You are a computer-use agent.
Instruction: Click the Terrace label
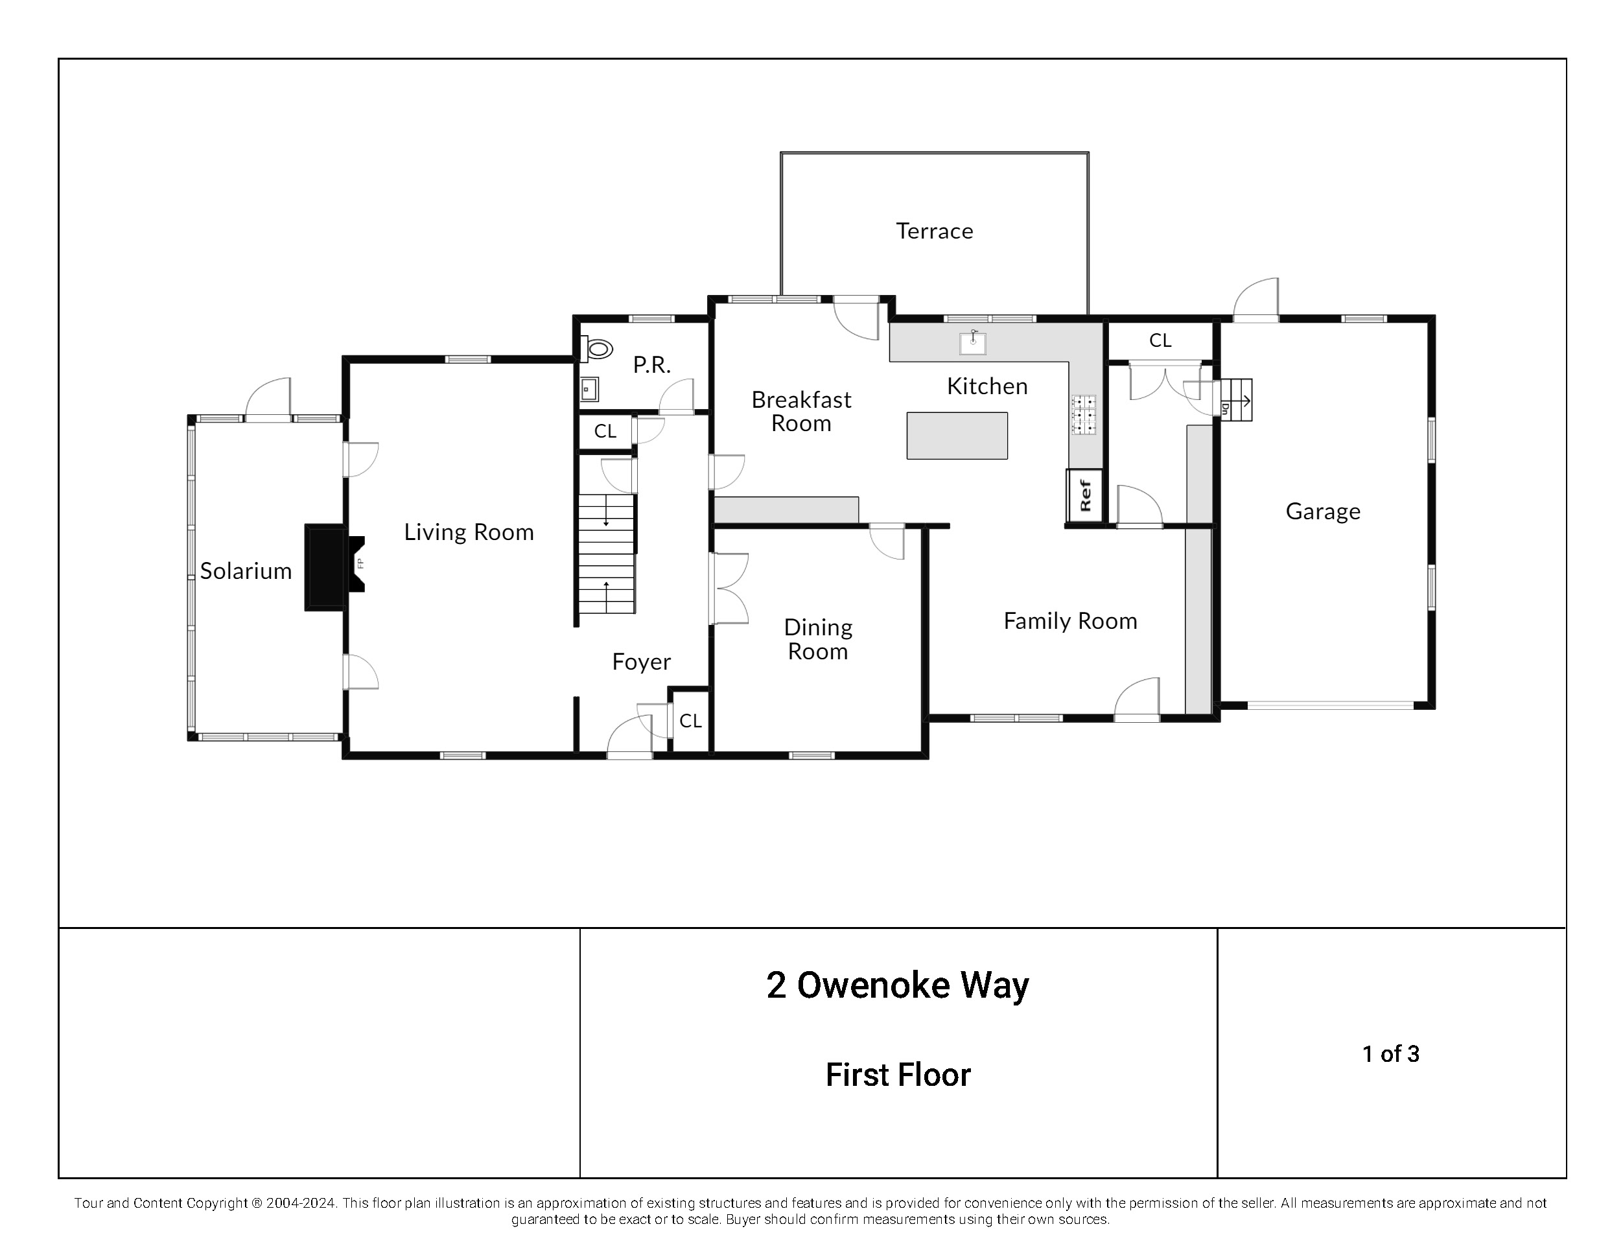pos(934,231)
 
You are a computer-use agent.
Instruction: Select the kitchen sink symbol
pos(973,343)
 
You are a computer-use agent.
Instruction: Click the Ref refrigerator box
pos(1084,495)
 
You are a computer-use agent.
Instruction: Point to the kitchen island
pos(957,436)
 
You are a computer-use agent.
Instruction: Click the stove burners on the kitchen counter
pos(1084,414)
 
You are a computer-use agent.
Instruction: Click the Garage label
pos(1323,511)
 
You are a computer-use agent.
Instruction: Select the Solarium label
pos(246,571)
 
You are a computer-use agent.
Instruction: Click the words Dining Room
pos(817,639)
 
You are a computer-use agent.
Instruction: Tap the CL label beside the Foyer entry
pos(690,721)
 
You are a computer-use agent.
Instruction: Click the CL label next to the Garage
pos(1160,340)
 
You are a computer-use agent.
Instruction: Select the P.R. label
pos(651,365)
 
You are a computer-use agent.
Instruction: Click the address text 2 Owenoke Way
pos(898,985)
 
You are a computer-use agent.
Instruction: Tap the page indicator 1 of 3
pos(1390,1054)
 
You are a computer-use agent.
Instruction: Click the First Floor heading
pos(898,1075)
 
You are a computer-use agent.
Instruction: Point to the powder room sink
pos(590,389)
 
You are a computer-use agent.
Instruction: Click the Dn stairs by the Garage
pos(1237,401)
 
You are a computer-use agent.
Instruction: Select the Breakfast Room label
pos(801,412)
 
